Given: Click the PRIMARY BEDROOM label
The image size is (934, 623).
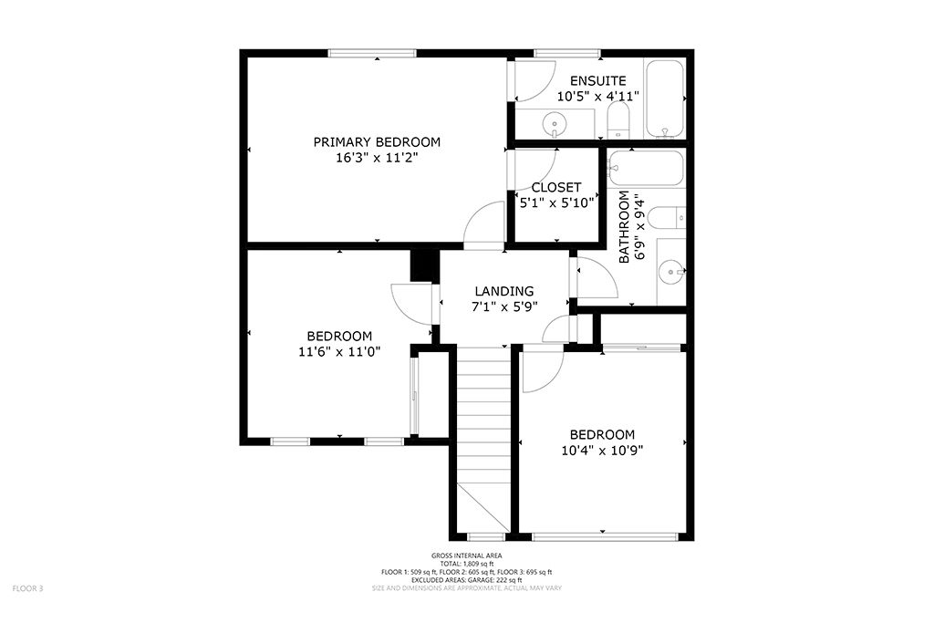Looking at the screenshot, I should coord(377,142).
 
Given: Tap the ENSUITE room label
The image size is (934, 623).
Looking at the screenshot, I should coord(597,80).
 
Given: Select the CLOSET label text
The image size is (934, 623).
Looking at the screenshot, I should coord(556,188).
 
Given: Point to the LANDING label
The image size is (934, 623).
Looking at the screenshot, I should coord(503,291).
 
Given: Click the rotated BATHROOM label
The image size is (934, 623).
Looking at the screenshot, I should coord(625,227).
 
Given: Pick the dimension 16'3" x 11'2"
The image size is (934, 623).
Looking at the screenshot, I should coord(377,158).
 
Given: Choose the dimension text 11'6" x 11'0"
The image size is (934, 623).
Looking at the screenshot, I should coord(338,351).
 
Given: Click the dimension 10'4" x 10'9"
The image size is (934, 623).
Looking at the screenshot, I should coord(602,450).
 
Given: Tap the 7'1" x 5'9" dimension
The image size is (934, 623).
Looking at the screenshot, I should coord(503,306).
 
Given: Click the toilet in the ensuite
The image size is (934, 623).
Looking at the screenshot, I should coord(618,119).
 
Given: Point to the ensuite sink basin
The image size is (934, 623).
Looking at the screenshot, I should coord(553,122).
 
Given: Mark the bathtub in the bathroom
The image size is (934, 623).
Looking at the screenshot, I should coord(646,168).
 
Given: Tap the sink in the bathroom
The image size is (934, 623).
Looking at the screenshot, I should coord(672,271).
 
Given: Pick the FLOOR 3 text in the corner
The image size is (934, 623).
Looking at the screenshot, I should coord(27,588).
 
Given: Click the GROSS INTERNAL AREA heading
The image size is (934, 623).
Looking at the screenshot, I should coord(466,556).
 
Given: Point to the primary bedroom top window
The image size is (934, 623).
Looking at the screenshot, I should coord(372,53).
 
